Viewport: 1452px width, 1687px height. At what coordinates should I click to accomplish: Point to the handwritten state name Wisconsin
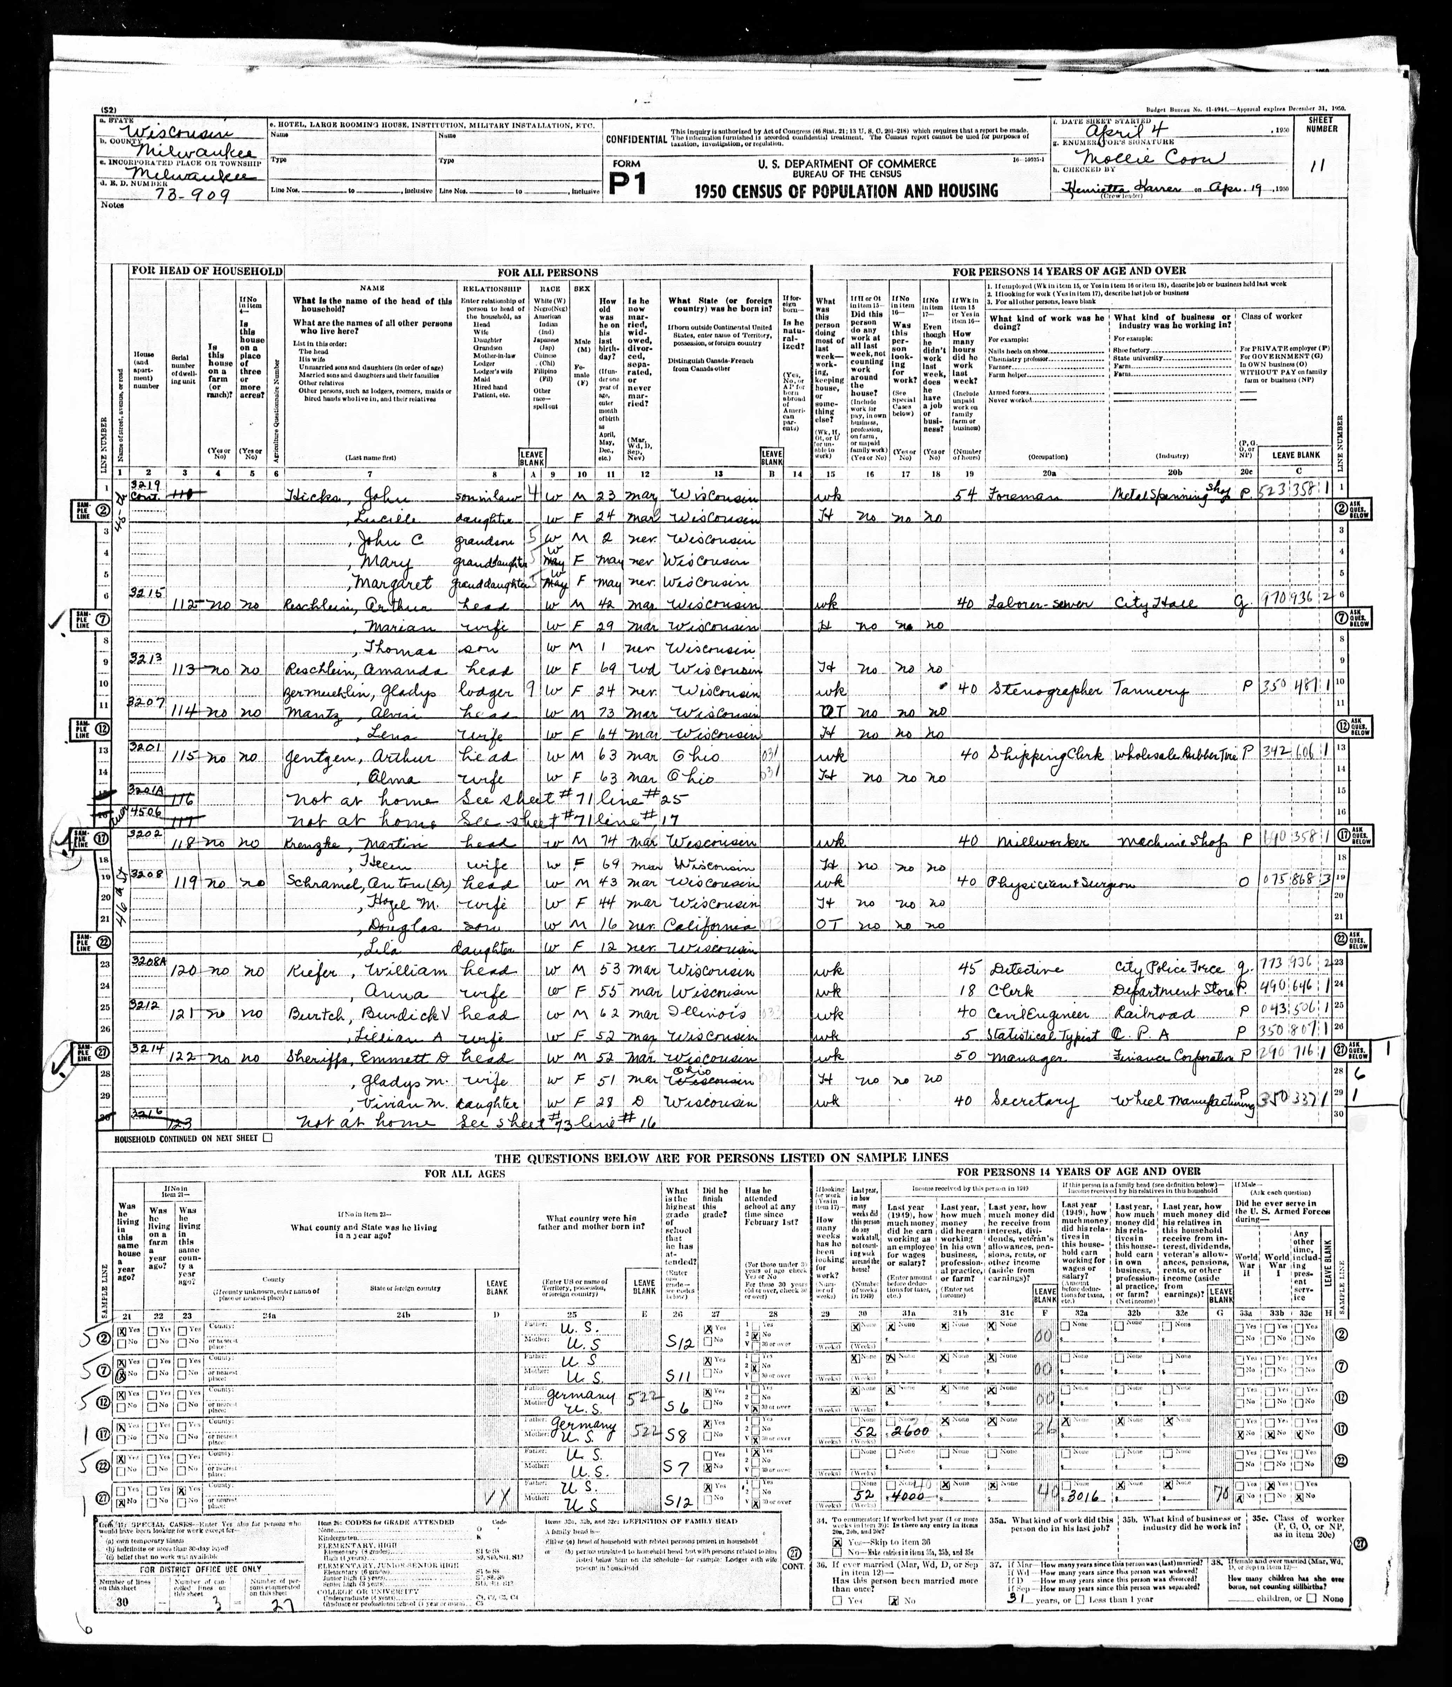pyautogui.click(x=181, y=133)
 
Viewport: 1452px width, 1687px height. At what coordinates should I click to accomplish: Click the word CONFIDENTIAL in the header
pyautogui.click(x=636, y=139)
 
